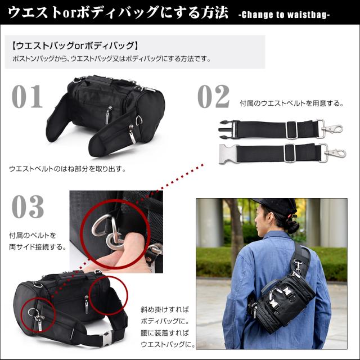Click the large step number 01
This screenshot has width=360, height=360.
(x=27, y=96)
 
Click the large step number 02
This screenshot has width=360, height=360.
(x=213, y=96)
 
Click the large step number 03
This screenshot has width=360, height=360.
(x=28, y=207)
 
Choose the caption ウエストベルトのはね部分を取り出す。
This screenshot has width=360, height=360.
(x=67, y=168)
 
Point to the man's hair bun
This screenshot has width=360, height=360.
(x=291, y=226)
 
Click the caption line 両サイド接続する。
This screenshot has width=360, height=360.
(x=39, y=246)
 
